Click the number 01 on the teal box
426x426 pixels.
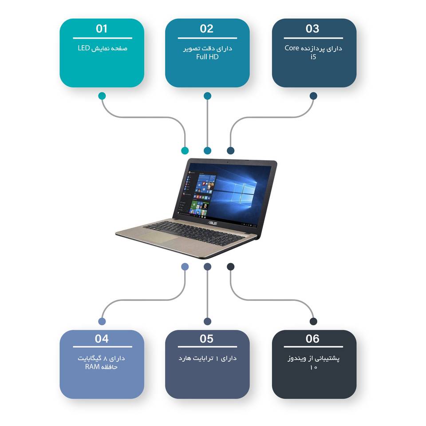(102, 29)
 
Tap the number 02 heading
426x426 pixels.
(207, 29)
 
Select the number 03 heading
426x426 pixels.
(312, 29)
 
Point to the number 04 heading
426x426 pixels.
(102, 339)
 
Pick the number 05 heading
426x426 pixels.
(207, 339)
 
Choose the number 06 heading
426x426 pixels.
(312, 339)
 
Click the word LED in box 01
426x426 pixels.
(84, 48)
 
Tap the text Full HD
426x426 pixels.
(207, 57)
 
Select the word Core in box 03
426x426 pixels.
(293, 48)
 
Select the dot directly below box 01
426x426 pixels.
(102, 96)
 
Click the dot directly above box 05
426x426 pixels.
(208, 321)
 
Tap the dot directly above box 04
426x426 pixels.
(102, 321)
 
